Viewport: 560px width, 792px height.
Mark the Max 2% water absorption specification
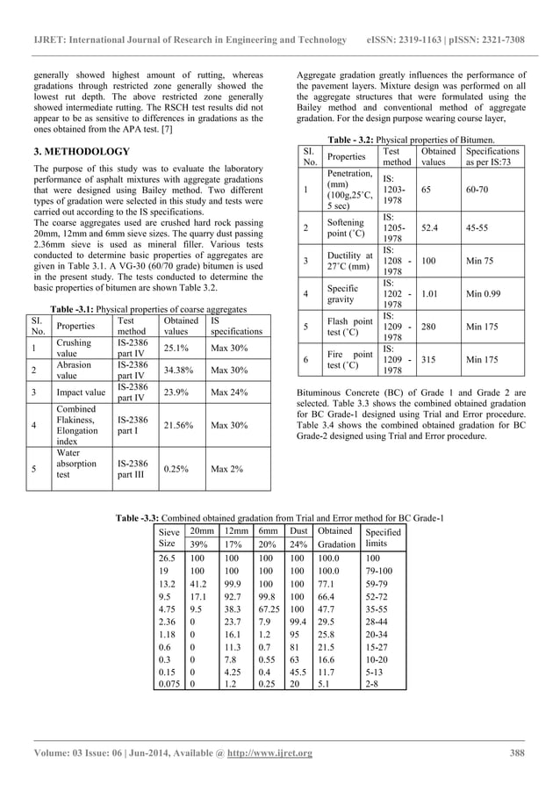tap(225, 469)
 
